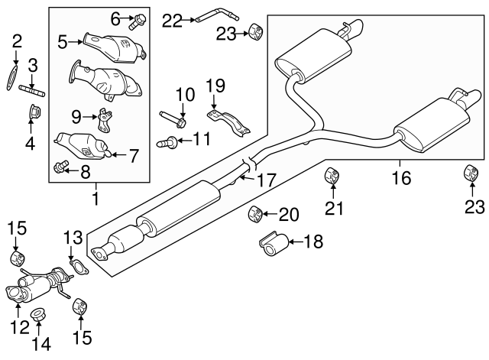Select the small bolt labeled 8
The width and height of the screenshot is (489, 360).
(x=61, y=166)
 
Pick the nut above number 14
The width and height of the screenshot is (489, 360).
(x=37, y=313)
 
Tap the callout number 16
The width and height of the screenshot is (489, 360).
(x=400, y=178)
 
